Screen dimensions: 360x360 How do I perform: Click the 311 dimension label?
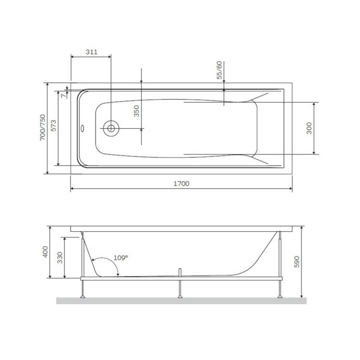(91, 52)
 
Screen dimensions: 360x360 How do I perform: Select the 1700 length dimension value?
(181, 184)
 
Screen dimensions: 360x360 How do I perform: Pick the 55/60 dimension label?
(219, 70)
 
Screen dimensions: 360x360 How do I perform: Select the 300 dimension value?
(308, 128)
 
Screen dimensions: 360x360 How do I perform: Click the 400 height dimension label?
(45, 254)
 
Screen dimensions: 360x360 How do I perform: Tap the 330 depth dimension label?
(59, 257)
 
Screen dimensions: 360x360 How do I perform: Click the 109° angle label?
(121, 258)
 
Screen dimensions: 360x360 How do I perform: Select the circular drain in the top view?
(111, 128)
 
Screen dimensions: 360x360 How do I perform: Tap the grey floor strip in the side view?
(181, 301)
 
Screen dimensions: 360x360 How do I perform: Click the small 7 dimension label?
(63, 94)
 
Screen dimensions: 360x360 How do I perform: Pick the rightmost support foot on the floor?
(281, 296)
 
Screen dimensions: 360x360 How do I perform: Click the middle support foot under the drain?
(180, 296)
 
